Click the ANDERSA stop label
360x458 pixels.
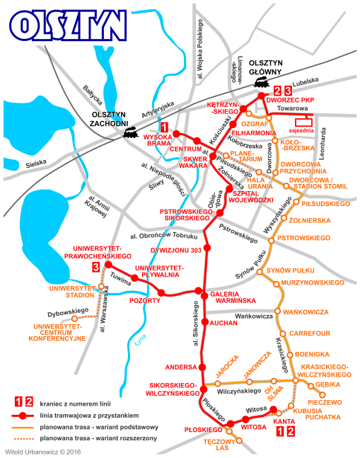(180, 367)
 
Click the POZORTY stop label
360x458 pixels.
(146, 300)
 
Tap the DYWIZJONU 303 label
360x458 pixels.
(176, 250)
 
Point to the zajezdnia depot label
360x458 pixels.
(302, 130)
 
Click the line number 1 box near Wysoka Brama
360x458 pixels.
(165, 127)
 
